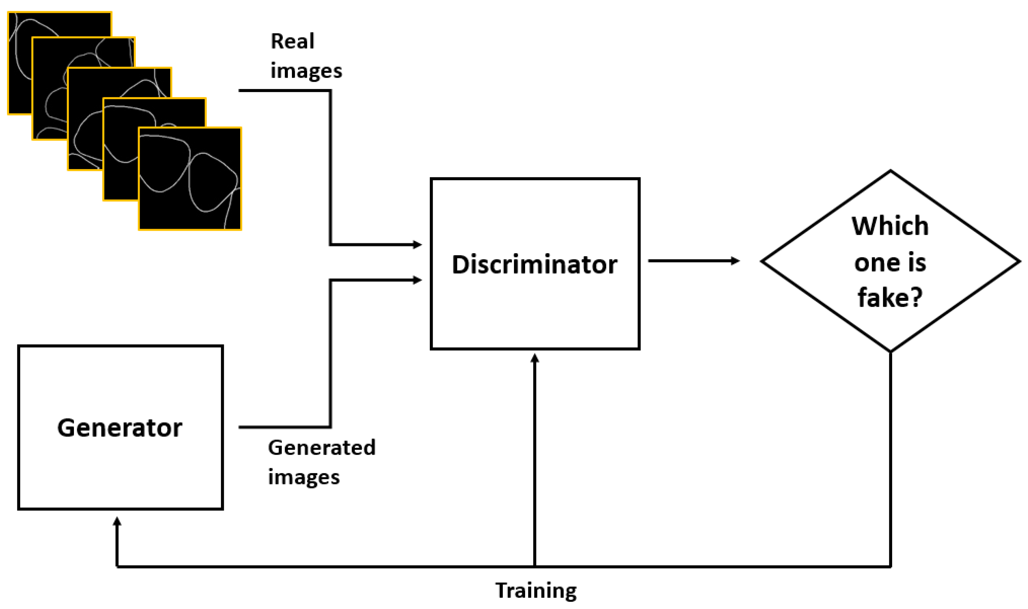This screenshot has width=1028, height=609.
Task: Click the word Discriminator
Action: (534, 265)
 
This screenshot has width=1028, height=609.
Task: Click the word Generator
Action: (120, 428)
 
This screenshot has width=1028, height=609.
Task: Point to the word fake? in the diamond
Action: (890, 298)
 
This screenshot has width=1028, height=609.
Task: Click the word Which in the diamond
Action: (890, 226)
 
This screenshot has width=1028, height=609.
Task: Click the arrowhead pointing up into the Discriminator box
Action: (534, 359)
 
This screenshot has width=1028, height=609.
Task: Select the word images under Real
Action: (306, 71)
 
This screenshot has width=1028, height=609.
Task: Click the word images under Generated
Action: (304, 477)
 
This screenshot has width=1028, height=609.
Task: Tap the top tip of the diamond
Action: (890, 171)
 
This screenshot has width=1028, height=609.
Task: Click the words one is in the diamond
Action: (890, 262)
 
